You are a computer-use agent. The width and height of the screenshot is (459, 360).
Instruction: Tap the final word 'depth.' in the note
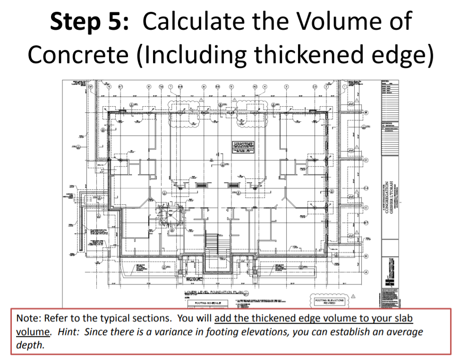click(x=30, y=345)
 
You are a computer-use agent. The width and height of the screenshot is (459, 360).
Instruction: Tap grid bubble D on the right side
click(x=365, y=160)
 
